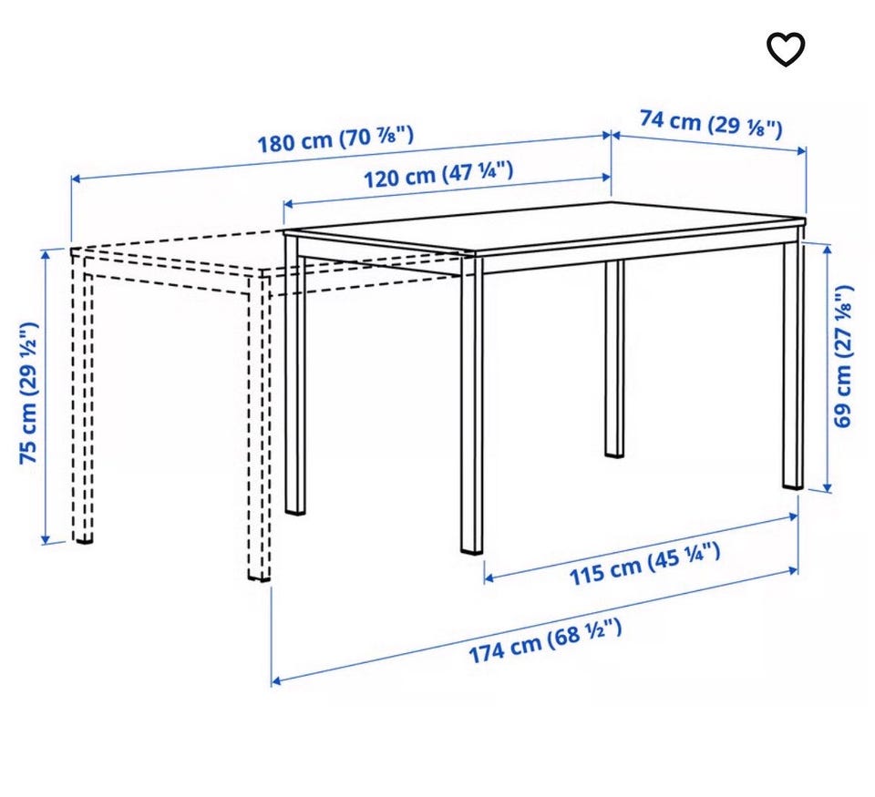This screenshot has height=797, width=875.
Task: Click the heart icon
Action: coord(785,49)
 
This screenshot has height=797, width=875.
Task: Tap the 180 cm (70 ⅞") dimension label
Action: coord(335,138)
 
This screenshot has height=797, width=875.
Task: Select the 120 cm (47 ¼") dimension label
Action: coord(438,174)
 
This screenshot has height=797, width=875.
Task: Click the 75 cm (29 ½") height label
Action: coord(28,393)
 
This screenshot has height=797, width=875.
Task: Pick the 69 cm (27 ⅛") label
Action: coord(842,356)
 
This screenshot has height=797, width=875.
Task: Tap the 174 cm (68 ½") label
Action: coord(544,641)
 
